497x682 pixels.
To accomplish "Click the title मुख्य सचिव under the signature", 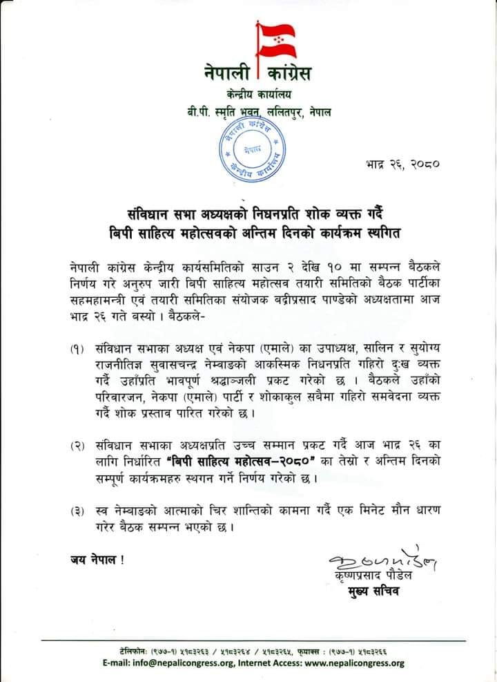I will pyautogui.click(x=375, y=591).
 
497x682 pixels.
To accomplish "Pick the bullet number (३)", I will pyautogui.click(x=77, y=512).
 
